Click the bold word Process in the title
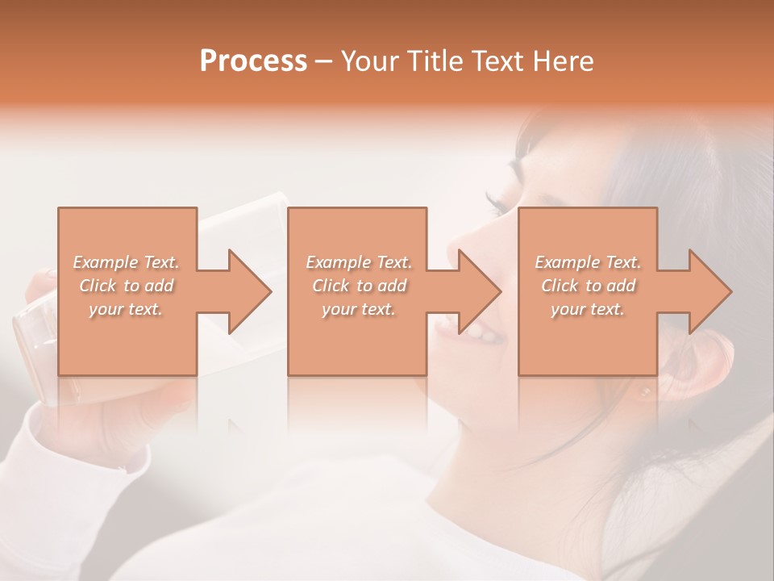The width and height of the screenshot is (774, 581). point(253,61)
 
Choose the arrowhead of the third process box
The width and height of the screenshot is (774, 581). point(709,291)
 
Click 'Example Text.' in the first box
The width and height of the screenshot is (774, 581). point(126,262)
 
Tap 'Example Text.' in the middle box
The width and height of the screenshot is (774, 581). point(358,262)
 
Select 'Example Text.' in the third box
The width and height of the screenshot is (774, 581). point(588,262)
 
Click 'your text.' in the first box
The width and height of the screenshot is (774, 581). point(126,309)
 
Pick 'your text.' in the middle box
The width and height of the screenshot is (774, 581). point(358,309)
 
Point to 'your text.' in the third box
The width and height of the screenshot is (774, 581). point(588,309)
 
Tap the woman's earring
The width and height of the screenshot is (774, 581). point(645,393)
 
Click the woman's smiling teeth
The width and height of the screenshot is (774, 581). point(476,329)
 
